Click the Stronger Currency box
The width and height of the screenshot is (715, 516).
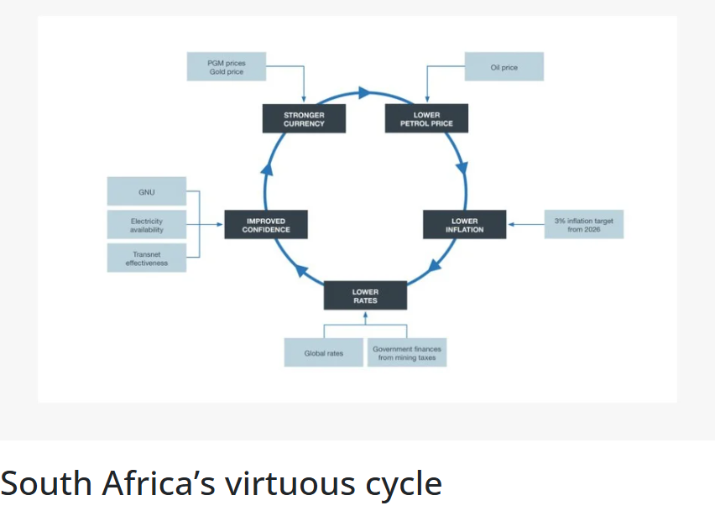coord(304,118)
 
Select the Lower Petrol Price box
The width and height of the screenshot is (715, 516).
coord(426,118)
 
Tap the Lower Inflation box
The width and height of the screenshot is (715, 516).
coord(464,225)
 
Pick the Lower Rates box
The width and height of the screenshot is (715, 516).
coord(365,296)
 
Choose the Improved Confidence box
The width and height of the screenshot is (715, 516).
coord(266,225)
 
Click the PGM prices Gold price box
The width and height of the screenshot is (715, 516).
coord(227,67)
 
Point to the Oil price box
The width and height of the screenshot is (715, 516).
coord(504,67)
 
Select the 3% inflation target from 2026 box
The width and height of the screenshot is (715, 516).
coord(584,224)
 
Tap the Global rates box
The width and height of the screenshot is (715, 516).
coord(324,353)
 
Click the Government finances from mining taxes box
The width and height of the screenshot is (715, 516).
coord(407,353)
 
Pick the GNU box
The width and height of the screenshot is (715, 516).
coord(147,191)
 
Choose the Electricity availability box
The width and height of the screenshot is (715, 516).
coord(147,225)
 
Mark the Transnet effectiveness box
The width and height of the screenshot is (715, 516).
coord(147,258)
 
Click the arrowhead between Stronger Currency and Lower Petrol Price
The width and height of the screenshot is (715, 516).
coord(364,91)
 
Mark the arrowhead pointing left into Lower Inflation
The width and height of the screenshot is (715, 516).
coord(512,224)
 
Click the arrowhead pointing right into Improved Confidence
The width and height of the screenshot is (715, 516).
coord(219,224)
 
